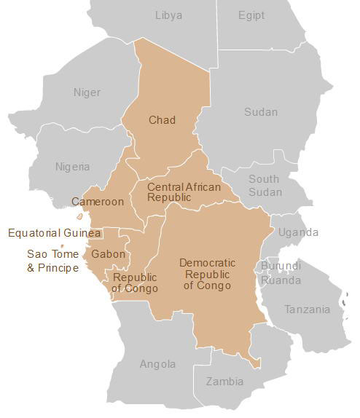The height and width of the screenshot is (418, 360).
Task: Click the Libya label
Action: (169, 15)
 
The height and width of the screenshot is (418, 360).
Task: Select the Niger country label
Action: (87, 92)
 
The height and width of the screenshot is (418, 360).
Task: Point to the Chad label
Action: (162, 120)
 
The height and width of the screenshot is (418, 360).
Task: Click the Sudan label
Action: (261, 112)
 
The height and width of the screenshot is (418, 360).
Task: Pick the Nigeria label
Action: (73, 167)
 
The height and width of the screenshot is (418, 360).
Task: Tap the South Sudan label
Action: (264, 186)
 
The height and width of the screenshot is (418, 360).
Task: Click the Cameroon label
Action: (97, 202)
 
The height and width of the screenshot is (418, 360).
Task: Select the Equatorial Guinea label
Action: (54, 233)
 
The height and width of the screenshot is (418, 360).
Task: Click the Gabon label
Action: (109, 254)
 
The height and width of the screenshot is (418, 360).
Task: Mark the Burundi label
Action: (281, 267)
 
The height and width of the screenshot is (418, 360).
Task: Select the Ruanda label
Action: (281, 280)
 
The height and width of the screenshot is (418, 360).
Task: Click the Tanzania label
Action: (307, 309)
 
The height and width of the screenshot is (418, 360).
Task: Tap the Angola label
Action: (157, 364)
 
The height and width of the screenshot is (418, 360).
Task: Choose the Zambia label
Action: (224, 382)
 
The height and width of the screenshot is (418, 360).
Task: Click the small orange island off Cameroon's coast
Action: (79, 216)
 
